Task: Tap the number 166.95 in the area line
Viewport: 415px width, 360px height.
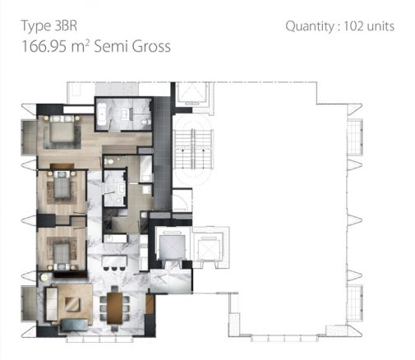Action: tap(50, 47)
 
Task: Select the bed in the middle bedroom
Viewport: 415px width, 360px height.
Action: tap(61, 189)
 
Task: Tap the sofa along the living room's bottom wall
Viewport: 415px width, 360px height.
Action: tap(66, 328)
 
